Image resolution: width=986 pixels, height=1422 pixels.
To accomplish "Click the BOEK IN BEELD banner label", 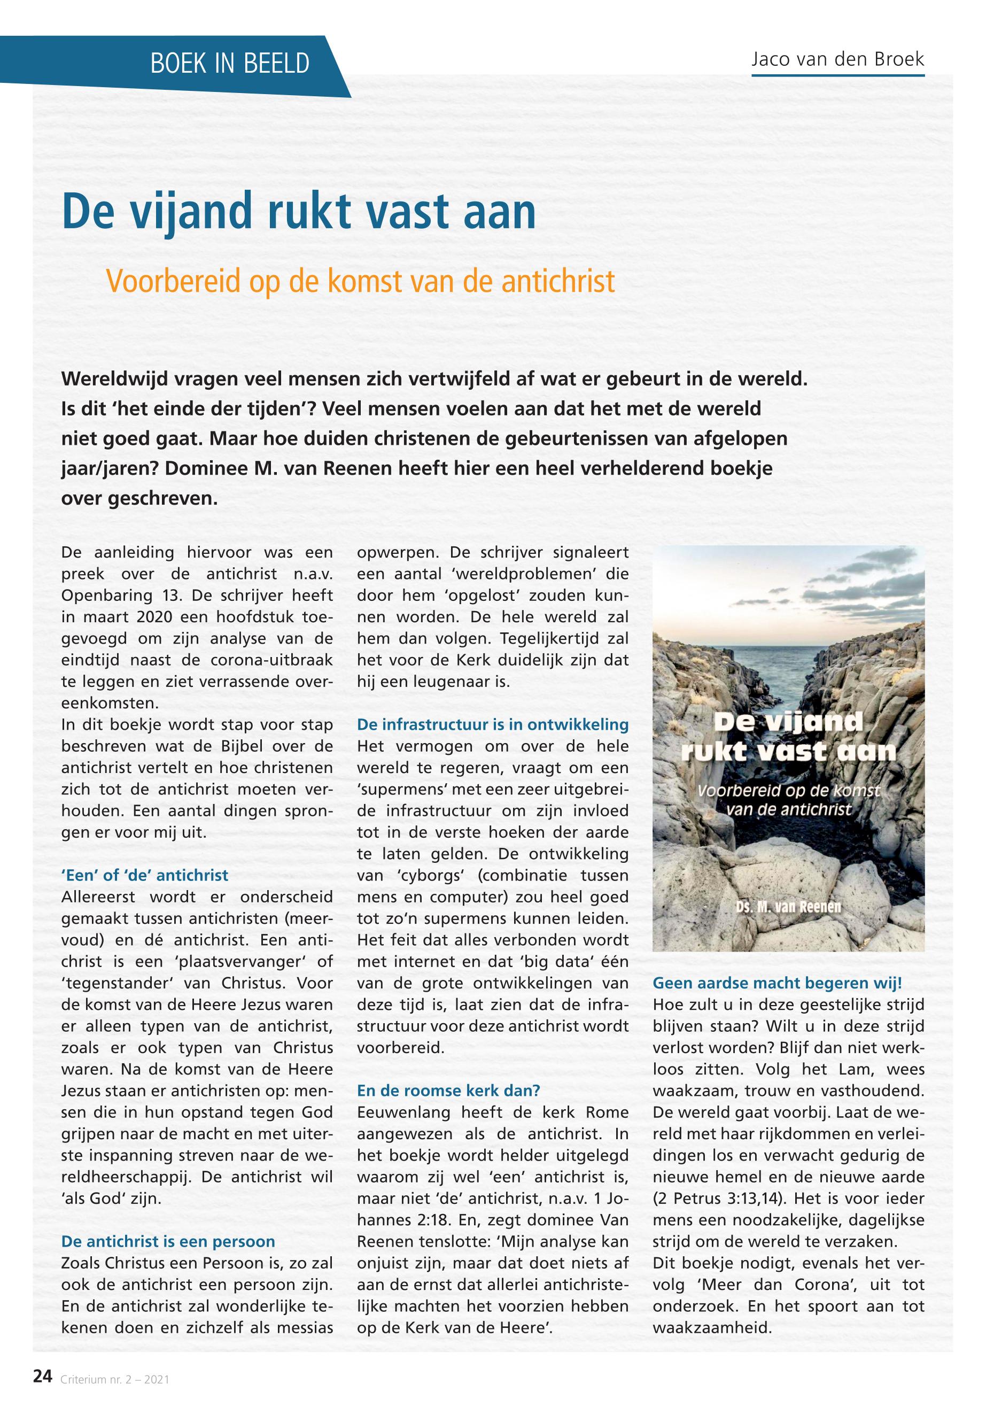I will (230, 64).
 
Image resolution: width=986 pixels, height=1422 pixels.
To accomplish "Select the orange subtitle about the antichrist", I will (361, 282).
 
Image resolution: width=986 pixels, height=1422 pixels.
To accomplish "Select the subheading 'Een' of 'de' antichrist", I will (145, 875).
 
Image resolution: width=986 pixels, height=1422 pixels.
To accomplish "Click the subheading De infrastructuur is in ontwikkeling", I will (492, 724).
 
